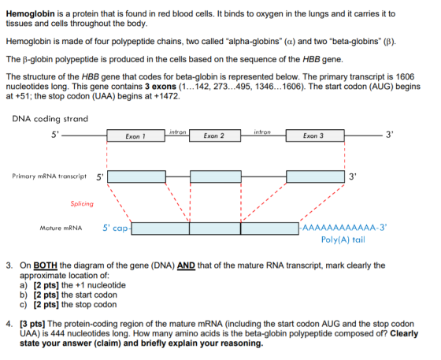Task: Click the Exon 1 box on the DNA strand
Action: pos(135,135)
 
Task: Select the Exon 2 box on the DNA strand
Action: pos(215,135)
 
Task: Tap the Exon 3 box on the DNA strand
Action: pos(315,135)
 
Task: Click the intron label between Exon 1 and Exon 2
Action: pos(178,132)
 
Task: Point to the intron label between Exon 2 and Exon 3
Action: pos(262,132)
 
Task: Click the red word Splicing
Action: pos(82,203)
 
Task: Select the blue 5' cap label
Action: pos(115,228)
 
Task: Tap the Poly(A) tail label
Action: pos(343,239)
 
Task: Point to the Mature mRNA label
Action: pos(61,228)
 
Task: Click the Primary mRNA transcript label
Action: pos(49,176)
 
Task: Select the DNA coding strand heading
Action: pos(50,119)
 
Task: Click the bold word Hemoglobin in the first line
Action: pos(31,13)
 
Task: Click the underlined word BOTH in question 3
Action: pos(46,265)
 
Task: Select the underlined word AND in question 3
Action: pos(186,265)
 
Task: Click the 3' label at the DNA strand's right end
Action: pos(389,135)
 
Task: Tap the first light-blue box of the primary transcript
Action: pos(137,176)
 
